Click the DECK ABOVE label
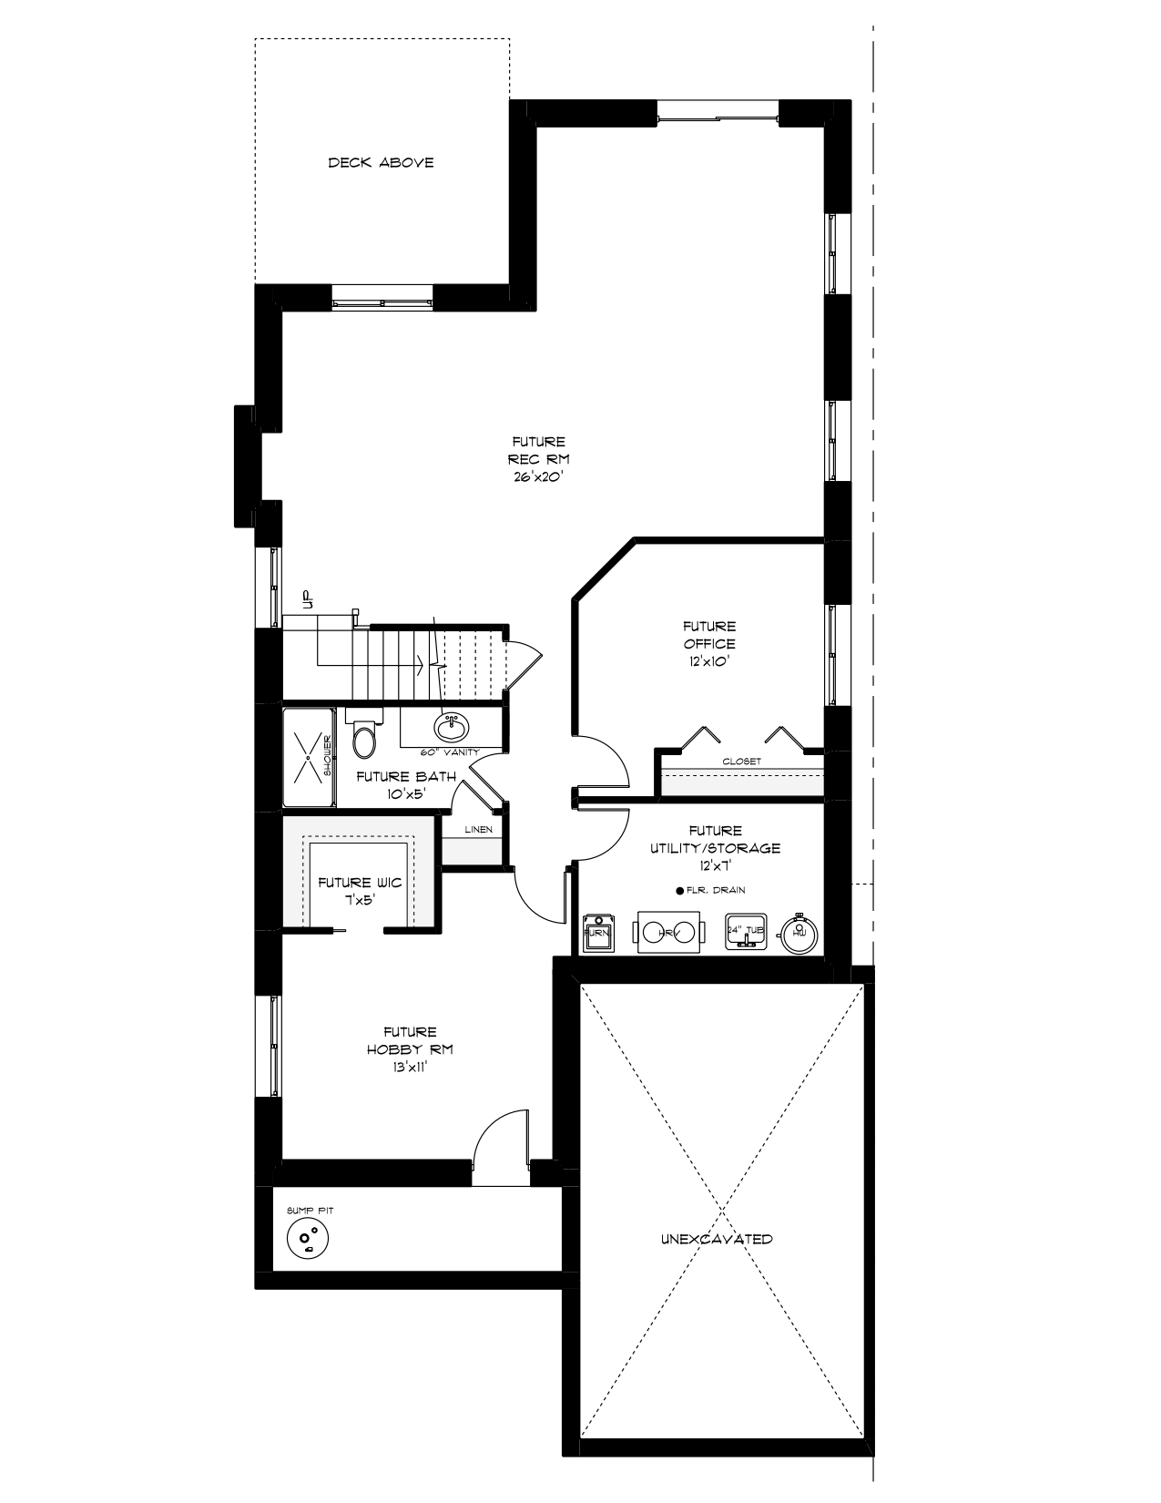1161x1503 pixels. pyautogui.click(x=381, y=163)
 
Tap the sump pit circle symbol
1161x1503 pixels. pyautogui.click(x=307, y=1237)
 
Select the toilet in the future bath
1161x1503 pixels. pyautogui.click(x=363, y=740)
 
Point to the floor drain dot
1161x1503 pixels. pyautogui.click(x=679, y=891)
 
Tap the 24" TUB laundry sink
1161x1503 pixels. pyautogui.click(x=746, y=932)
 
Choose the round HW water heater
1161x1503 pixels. pyautogui.click(x=799, y=933)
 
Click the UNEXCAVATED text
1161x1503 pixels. pyautogui.click(x=717, y=1240)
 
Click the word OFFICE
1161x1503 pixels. pyautogui.click(x=709, y=644)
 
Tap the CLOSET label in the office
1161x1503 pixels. pyautogui.click(x=741, y=762)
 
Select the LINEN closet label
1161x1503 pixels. pyautogui.click(x=478, y=830)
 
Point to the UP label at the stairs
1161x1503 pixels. pyautogui.click(x=307, y=598)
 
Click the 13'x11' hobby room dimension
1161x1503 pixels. pyautogui.click(x=410, y=1067)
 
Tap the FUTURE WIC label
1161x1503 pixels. pyautogui.click(x=359, y=883)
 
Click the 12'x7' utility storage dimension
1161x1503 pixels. pyautogui.click(x=715, y=865)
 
